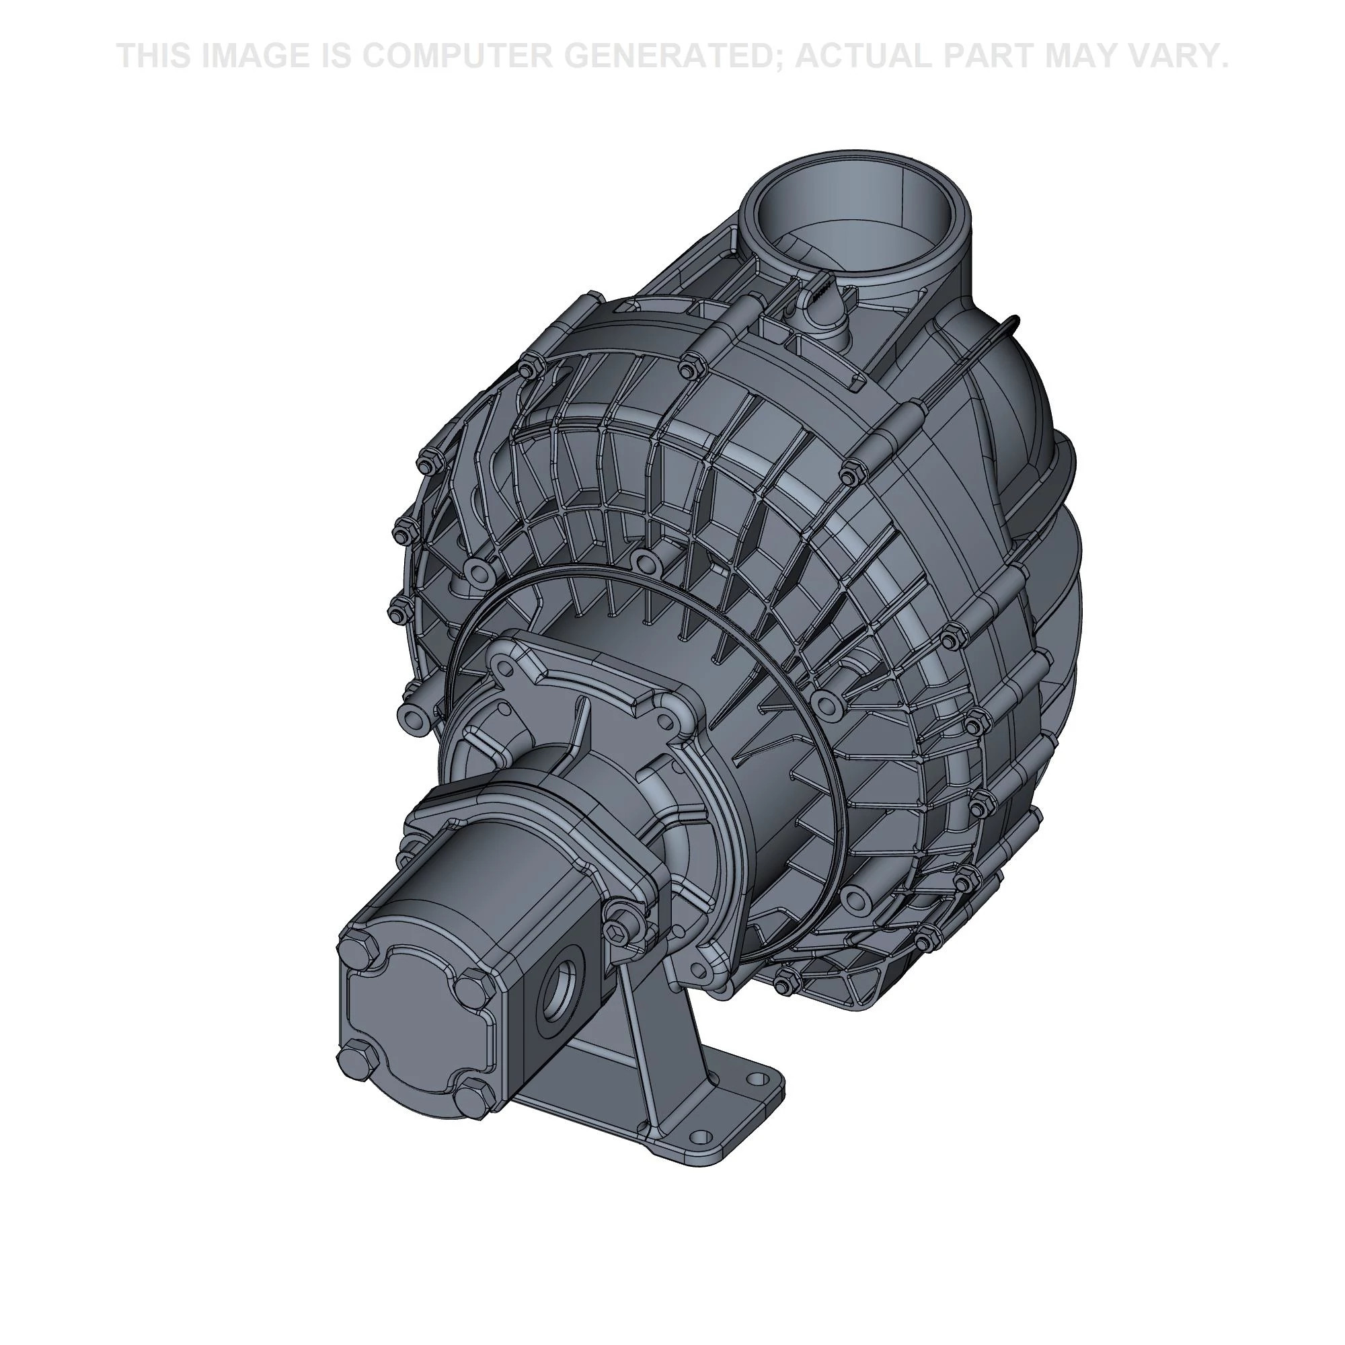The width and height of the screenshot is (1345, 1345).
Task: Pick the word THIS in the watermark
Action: pos(154,56)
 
